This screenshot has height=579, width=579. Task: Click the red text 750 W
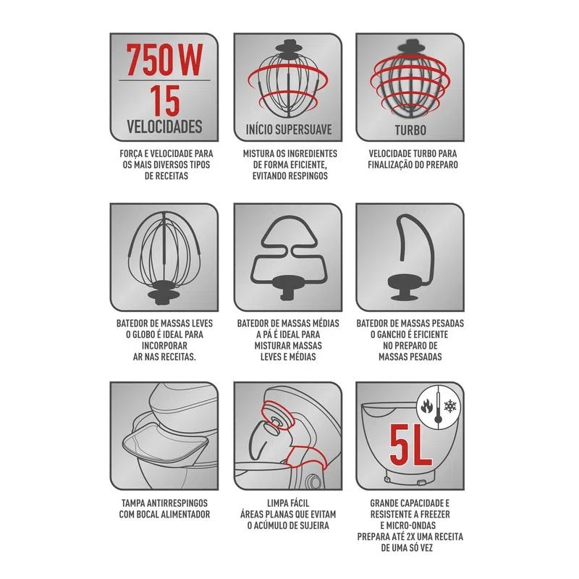coord(164,60)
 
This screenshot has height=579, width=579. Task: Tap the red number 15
coord(165,101)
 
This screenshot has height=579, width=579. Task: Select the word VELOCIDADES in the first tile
coord(164,127)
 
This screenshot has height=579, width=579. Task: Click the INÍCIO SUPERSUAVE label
coord(289,130)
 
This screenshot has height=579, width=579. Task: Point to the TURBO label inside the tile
coord(410,130)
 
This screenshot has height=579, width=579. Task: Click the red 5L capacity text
coord(410,446)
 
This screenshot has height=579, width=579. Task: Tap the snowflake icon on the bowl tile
coord(449,407)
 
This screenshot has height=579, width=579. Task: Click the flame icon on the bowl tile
coord(427,407)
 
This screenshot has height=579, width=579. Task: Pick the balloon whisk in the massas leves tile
coord(164,258)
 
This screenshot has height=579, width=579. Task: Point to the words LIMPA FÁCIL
coord(288,503)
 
